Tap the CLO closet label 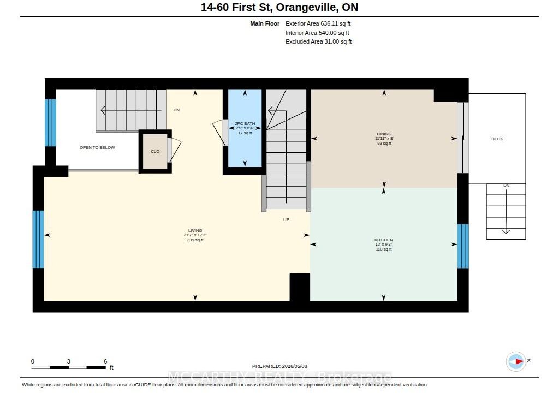[155, 151]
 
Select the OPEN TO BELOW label [97, 147]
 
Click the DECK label [497, 139]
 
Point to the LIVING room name [195, 230]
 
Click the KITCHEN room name [384, 240]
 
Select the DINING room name [384, 134]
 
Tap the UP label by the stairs [286, 219]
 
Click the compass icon [516, 361]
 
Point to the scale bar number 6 [105, 361]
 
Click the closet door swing [175, 150]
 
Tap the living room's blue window [38, 239]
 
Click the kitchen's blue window [463, 246]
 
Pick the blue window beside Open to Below [50, 123]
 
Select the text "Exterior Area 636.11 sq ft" [318, 23]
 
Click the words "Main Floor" [265, 23]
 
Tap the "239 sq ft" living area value [195, 240]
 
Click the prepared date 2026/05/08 [294, 366]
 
